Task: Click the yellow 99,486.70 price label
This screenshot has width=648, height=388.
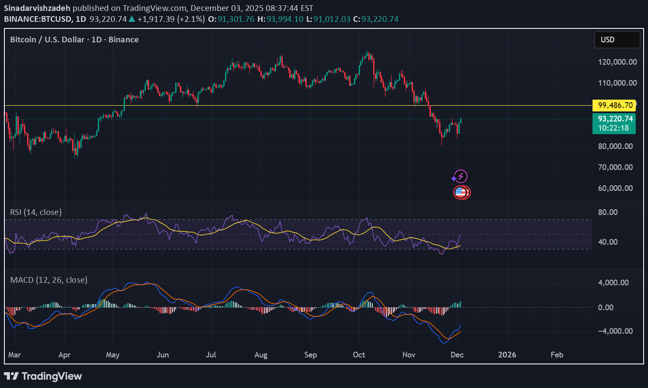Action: pos(615,105)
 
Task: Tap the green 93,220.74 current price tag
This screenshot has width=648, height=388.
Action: pos(615,119)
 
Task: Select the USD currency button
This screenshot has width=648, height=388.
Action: pos(617,40)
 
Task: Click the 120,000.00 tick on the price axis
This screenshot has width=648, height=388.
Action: pos(617,62)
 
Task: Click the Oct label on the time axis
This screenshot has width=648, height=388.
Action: pos(359,355)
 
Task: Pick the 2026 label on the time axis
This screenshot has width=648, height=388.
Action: pos(507,355)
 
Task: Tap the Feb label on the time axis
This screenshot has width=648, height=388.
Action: pos(557,355)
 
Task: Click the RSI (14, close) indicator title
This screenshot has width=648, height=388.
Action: pos(36,212)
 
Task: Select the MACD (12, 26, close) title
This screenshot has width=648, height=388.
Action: pos(49,280)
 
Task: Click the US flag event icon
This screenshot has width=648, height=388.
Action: pos(461,192)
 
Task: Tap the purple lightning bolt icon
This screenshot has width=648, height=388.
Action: pos(461,177)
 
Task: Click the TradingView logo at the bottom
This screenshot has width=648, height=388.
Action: pos(43,376)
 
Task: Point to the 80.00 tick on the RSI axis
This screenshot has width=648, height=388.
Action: pos(607,212)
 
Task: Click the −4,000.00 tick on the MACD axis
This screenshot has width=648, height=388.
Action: pos(615,331)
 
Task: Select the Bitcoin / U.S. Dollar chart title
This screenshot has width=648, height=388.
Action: pos(74,40)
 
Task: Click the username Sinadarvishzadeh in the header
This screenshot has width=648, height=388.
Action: pos(37,8)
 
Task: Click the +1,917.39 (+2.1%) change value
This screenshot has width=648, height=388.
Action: pos(170,19)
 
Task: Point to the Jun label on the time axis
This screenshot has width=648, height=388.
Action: pos(162,355)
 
